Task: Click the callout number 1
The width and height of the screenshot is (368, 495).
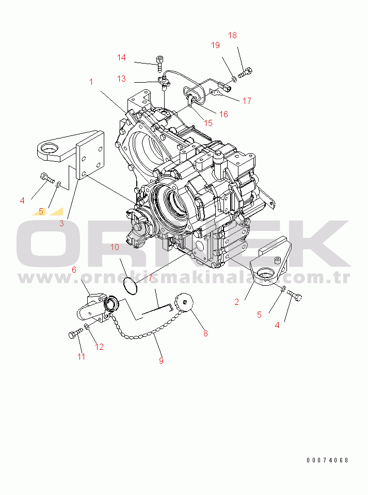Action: tap(91, 82)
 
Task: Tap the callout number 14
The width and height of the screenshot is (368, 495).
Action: tap(121, 57)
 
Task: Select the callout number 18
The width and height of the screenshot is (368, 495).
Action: tap(232, 35)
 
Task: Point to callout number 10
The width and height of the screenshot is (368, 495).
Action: tap(115, 247)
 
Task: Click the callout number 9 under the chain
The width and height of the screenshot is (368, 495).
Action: tap(161, 361)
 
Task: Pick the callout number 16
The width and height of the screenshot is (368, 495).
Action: tap(223, 114)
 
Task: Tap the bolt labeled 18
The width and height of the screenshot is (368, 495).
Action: tap(246, 73)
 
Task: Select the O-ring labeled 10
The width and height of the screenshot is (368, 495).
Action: tap(130, 285)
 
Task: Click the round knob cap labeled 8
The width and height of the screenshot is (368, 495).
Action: tap(184, 302)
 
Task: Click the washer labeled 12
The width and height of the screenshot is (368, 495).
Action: tap(87, 326)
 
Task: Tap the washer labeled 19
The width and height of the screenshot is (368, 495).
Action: tap(233, 79)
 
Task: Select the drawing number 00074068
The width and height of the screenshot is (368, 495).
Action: tap(327, 460)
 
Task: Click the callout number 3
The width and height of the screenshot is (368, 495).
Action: tap(61, 223)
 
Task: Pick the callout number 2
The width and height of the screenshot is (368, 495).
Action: tap(237, 302)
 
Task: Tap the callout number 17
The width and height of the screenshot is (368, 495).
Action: tap(247, 101)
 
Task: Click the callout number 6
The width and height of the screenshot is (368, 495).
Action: tap(74, 270)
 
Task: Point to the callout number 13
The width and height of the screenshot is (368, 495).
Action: tap(121, 79)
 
